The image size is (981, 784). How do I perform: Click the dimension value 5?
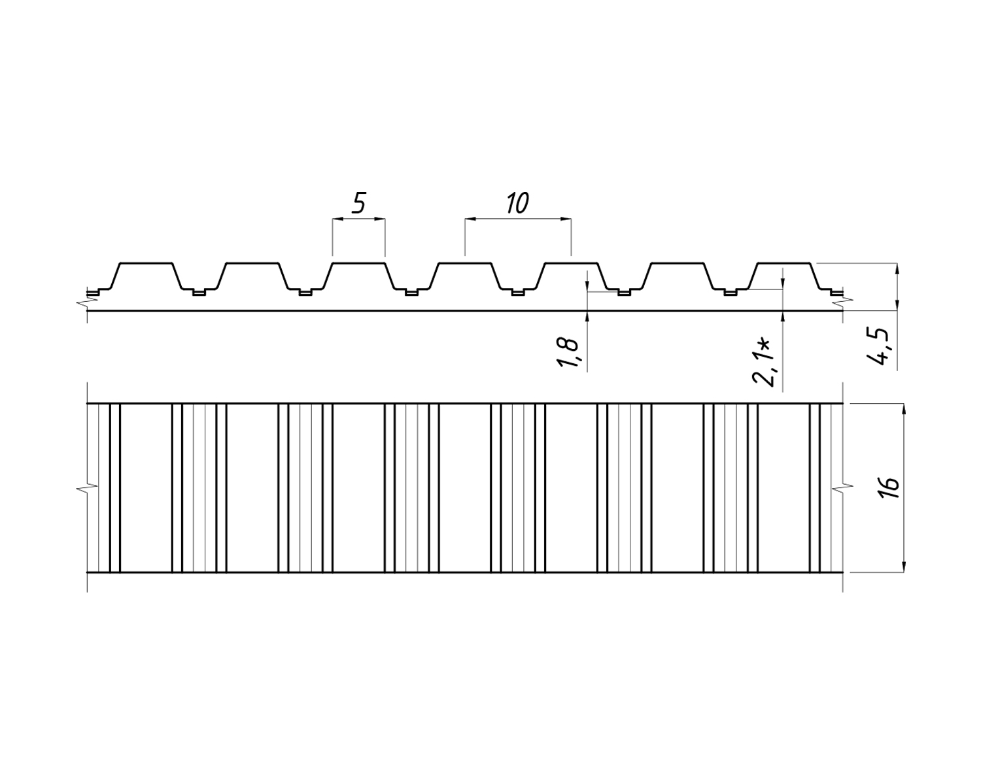pos(358,204)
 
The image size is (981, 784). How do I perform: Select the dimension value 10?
pos(517,204)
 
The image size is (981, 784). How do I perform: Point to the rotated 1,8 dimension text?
pos(568,353)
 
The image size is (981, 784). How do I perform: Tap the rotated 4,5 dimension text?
pos(884,348)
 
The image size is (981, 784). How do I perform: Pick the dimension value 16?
pos(889,487)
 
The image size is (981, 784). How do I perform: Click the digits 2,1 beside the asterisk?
pos(764,368)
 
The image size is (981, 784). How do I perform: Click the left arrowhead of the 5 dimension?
pos(337,220)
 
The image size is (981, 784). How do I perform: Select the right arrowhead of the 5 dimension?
pos(380,220)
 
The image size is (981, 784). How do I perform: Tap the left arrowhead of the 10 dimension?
pos(470,220)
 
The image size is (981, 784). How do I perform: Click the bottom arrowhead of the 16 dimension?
pos(904,566)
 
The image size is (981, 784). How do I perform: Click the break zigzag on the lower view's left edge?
pos(84,487)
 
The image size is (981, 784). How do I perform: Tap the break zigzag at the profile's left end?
pos(84,302)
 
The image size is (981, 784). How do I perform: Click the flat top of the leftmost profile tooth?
pos(146,263)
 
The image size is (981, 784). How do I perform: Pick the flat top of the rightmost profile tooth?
pos(783,263)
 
